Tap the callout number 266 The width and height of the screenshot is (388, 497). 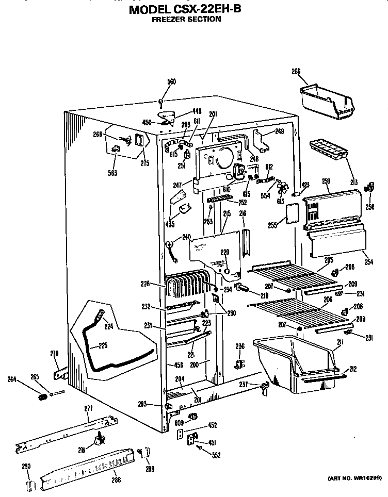click(296, 72)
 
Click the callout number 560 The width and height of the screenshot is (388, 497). click(171, 81)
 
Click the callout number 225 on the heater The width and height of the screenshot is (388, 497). click(103, 345)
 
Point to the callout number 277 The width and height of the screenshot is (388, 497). click(88, 408)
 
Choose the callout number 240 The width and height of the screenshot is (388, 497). click(186, 238)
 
